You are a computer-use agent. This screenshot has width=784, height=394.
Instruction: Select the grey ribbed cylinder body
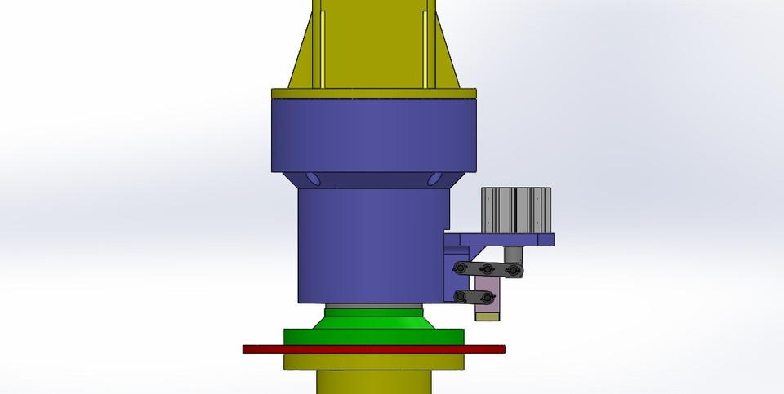coord(516,210)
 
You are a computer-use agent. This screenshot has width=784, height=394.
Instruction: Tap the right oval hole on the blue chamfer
coord(434,179)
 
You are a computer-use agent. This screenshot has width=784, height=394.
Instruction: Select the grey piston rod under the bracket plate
coord(513,255)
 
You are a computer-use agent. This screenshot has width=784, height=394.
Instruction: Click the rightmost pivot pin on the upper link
coord(514,271)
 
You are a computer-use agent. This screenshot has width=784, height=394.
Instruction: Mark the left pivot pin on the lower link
coord(460,296)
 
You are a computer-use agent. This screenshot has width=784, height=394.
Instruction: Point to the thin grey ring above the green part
coord(373,305)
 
